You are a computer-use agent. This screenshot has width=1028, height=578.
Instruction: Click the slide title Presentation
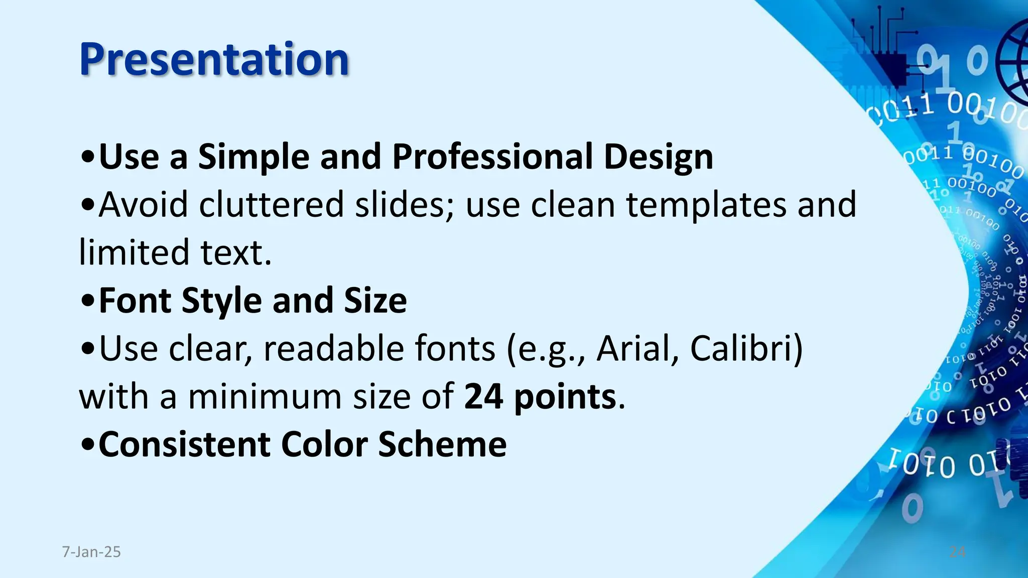click(214, 59)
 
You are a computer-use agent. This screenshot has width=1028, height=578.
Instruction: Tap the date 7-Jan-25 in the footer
click(91, 552)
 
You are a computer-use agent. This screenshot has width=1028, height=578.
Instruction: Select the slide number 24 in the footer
click(957, 552)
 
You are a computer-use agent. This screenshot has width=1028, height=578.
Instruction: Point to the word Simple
click(253, 158)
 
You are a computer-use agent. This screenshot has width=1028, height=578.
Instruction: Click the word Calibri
click(746, 348)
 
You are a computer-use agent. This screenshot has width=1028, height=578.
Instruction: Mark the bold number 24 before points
click(483, 396)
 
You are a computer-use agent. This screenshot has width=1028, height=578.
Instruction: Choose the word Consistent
click(184, 445)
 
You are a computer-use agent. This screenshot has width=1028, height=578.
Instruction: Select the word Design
click(658, 158)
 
